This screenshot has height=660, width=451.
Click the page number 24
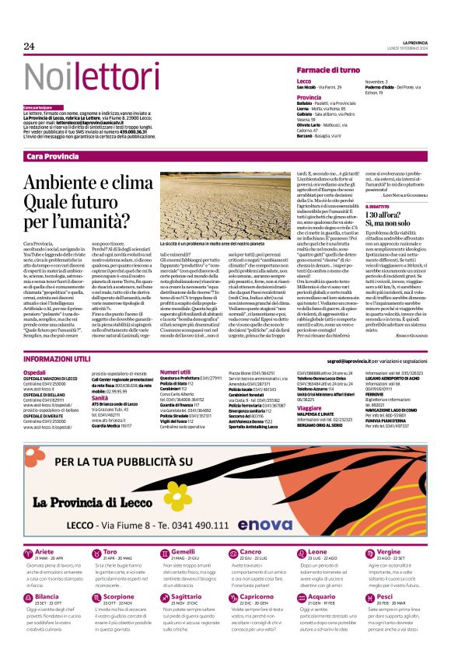[30, 46]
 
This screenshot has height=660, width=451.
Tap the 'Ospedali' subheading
[35, 374]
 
